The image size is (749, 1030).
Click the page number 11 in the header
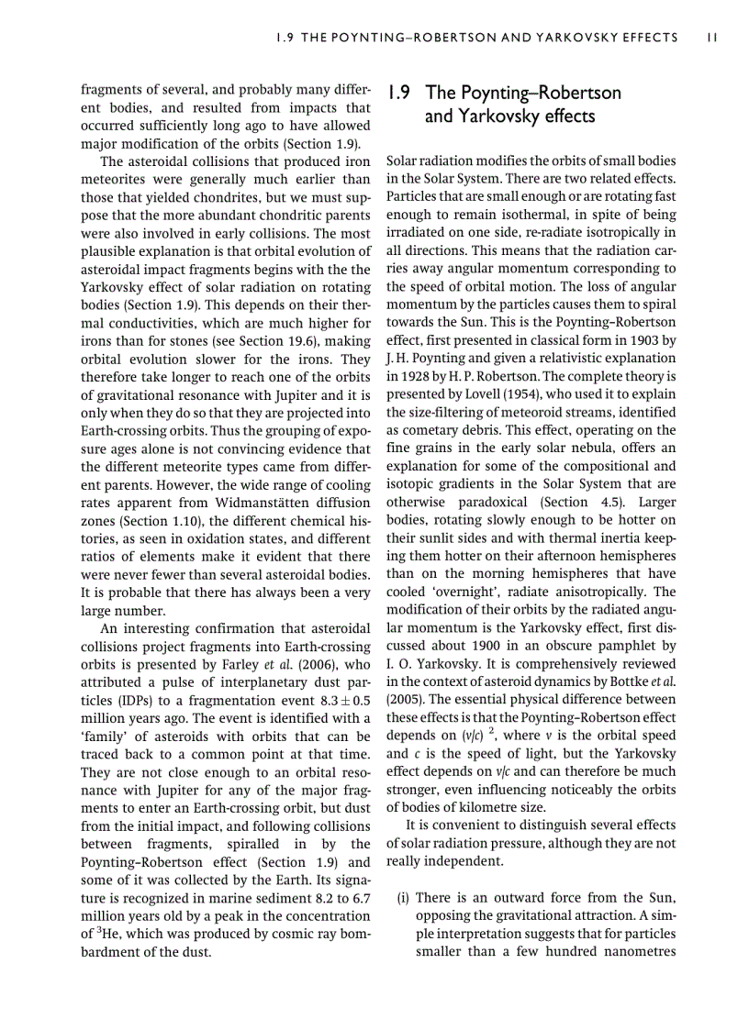(712, 38)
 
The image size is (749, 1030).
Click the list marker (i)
(403, 898)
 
